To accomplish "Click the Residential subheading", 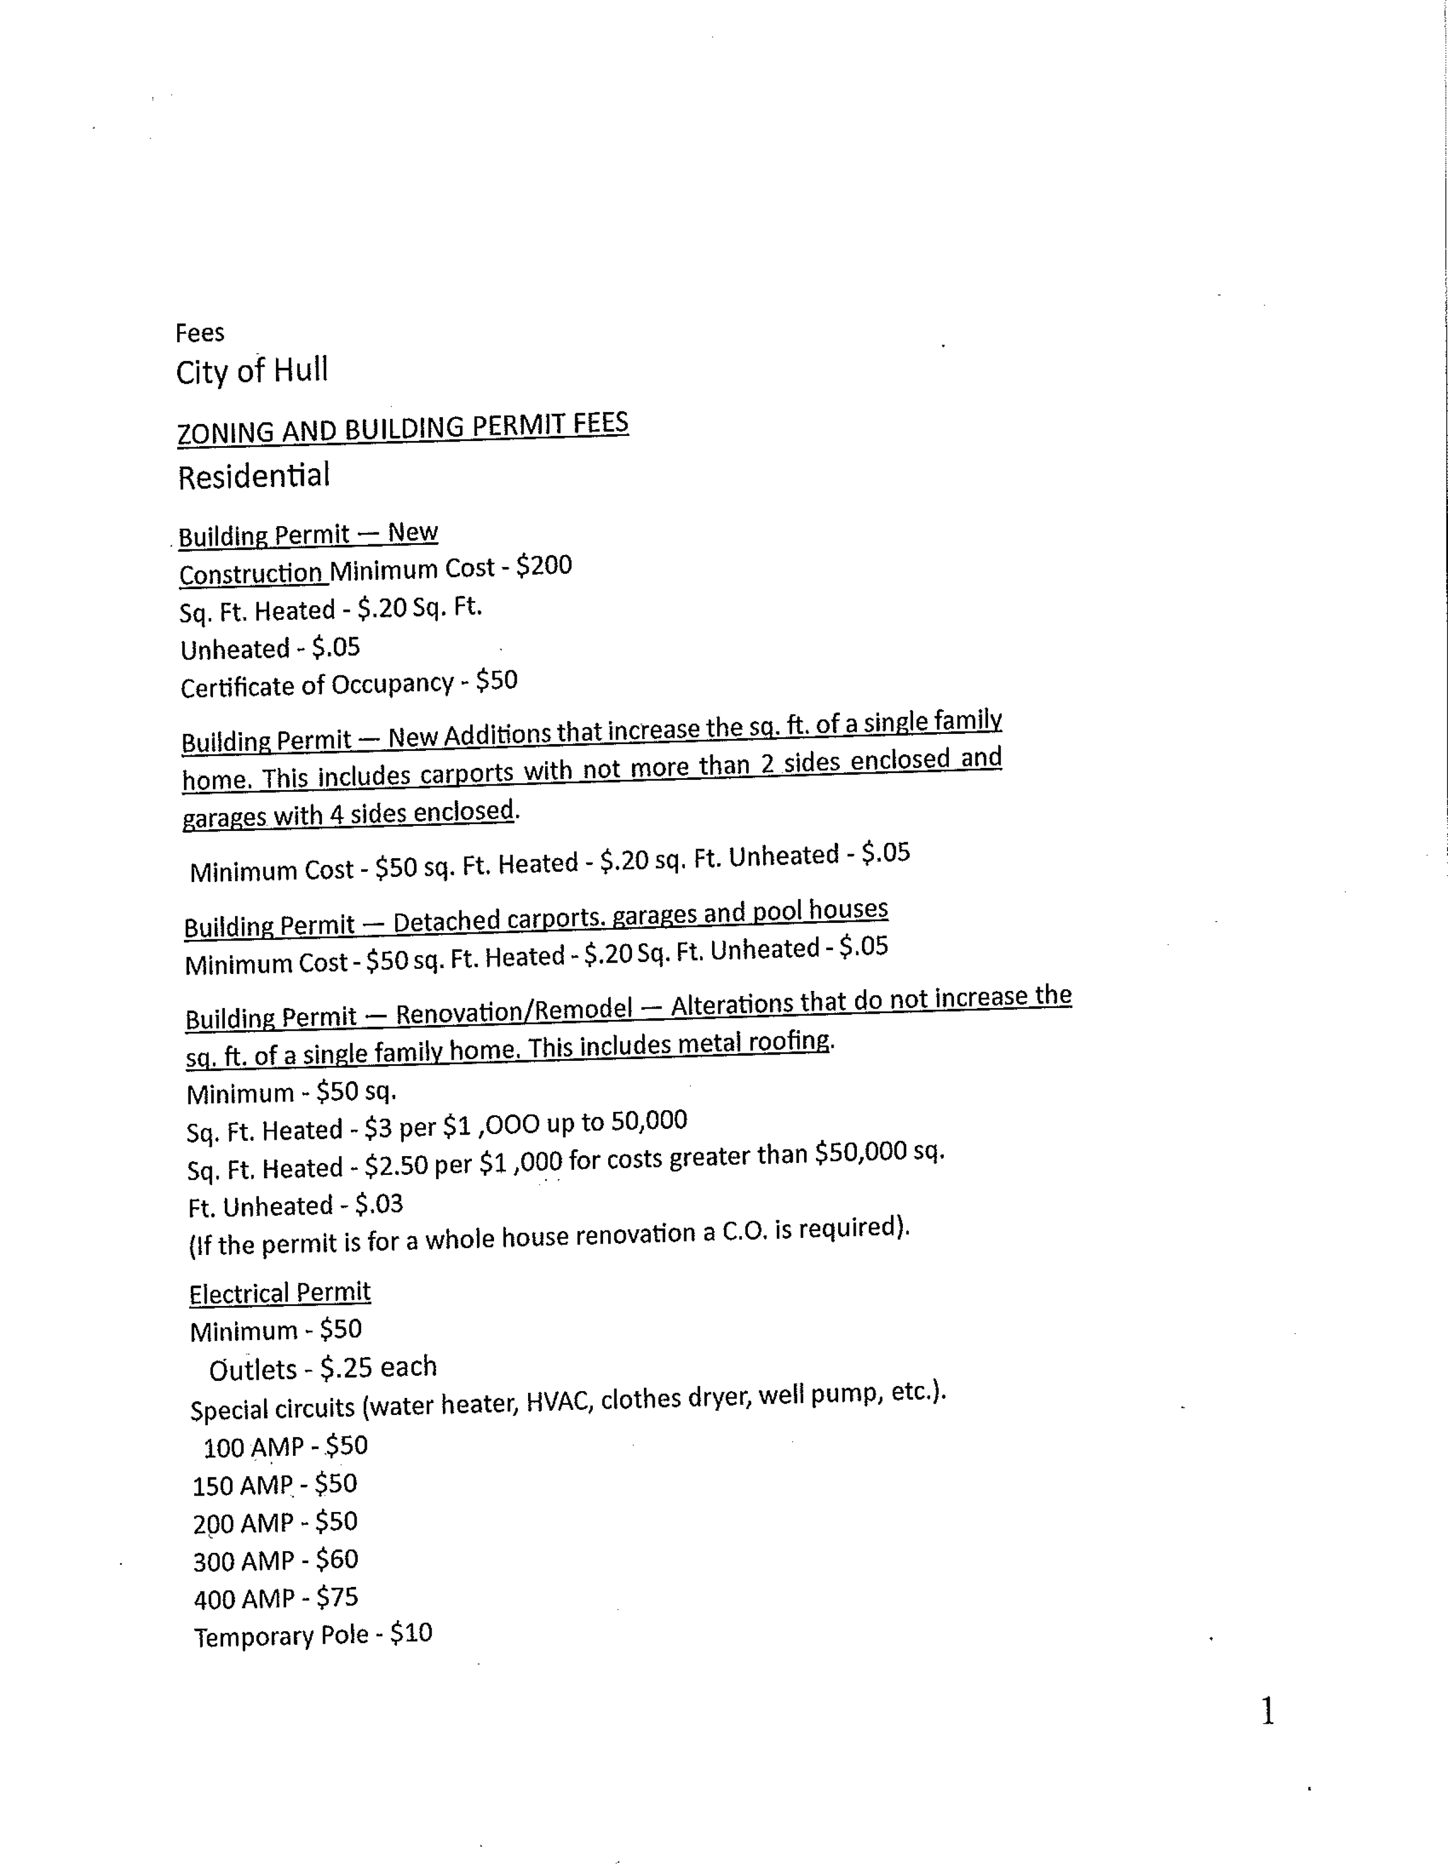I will click(x=253, y=476).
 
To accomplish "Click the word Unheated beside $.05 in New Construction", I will click(x=234, y=649).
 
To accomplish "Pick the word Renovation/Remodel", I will click(x=514, y=1011).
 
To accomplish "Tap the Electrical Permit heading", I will click(x=279, y=1292).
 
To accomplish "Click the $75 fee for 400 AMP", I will click(x=337, y=1597).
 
